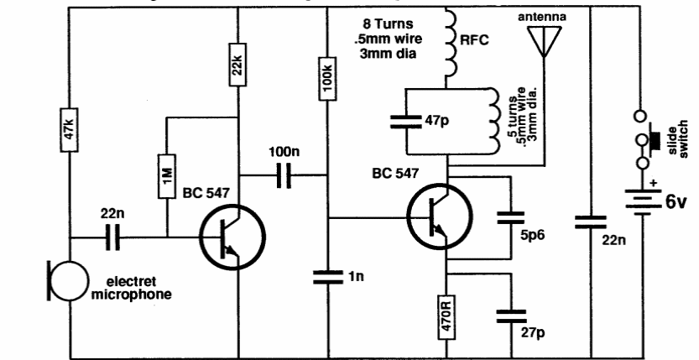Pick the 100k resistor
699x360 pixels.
pos(328,77)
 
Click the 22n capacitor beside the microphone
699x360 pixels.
pos(115,238)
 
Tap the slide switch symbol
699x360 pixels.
pos(645,138)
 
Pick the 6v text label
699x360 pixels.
pos(675,201)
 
